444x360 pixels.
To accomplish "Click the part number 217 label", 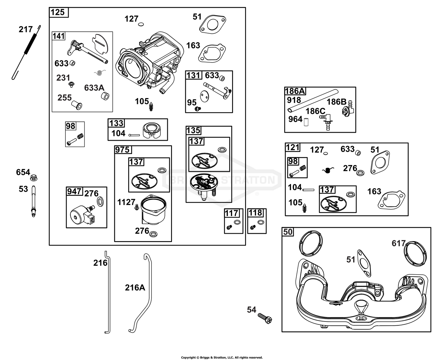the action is point(26,29).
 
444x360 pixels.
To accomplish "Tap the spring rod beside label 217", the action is point(26,52).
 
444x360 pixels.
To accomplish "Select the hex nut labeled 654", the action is point(34,178).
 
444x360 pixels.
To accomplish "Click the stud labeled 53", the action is point(33,201).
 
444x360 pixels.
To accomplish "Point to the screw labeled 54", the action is point(265,318).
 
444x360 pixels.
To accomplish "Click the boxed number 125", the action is point(58,12).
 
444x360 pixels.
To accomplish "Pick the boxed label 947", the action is point(74,191).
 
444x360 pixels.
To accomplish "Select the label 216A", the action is point(135,288).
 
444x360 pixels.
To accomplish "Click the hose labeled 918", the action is point(313,101).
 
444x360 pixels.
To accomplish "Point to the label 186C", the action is point(315,111).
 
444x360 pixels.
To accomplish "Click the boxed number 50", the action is point(288,232).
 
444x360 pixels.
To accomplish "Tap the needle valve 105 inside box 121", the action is point(304,208).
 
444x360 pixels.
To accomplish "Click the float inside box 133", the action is point(152,131).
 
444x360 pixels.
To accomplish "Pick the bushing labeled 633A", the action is point(105,96).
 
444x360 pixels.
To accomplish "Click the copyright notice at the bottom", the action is point(222,358).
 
